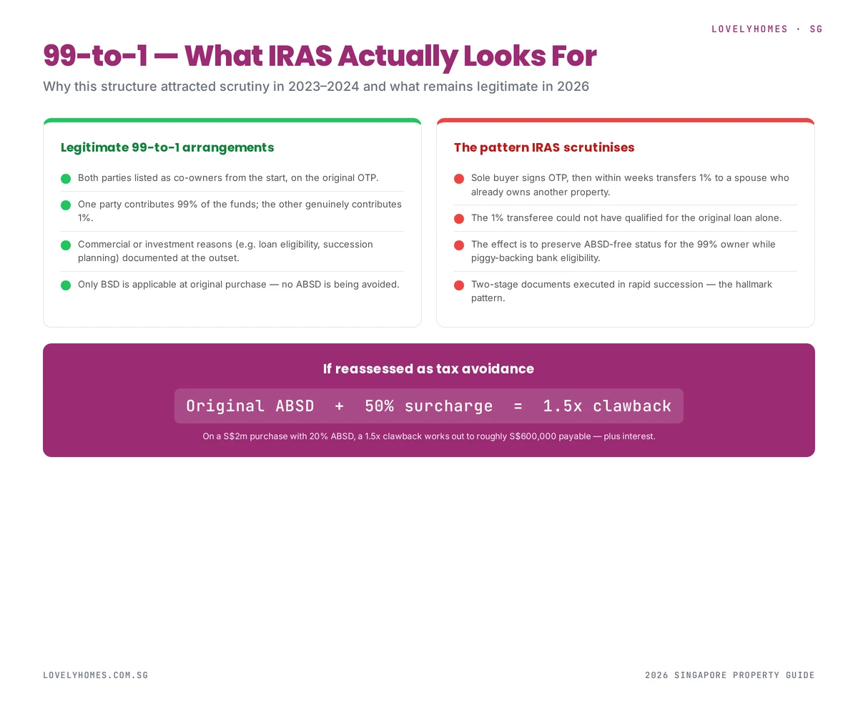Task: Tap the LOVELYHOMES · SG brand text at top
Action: pos(766,29)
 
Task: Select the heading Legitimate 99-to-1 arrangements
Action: pos(167,147)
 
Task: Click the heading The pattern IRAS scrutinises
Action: pos(543,147)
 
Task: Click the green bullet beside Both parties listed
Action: pos(66,178)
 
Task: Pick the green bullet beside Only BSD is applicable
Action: pos(66,285)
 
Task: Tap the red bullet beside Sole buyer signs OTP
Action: pos(459,178)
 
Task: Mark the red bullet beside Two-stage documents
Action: pos(459,285)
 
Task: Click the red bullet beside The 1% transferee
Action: pos(459,218)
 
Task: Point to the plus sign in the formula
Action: pos(339,406)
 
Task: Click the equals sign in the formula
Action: pos(518,406)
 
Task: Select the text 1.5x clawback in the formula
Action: pos(607,406)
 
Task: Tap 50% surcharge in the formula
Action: pos(428,406)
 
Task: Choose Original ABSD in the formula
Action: pos(250,406)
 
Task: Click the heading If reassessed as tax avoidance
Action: pos(428,369)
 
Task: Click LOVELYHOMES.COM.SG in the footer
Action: pos(95,675)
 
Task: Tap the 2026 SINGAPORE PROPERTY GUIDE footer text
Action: pos(729,675)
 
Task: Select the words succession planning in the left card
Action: pos(349,245)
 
